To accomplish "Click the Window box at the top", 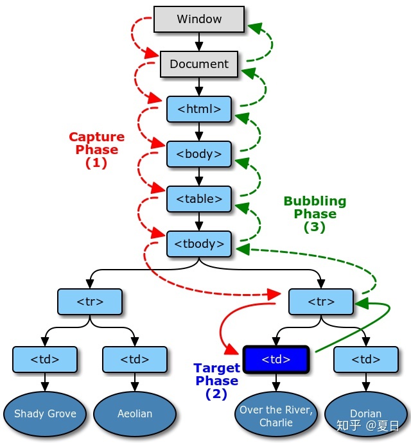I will tap(199, 19).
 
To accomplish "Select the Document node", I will tap(199, 64).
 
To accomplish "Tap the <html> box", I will tap(199, 109).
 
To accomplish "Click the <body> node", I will tap(199, 154).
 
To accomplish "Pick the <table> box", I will tap(199, 199).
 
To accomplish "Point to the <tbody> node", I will tap(199, 244).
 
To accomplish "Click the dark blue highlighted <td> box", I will tap(276, 360).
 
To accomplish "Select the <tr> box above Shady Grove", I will tap(90, 301).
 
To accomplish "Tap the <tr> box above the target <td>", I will tap(321, 301).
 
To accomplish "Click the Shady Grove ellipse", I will tap(45, 413).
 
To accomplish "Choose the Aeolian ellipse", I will tap(135, 413).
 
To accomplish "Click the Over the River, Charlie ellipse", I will tap(276, 416).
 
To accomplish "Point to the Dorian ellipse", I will tap(365, 413).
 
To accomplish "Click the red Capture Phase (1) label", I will tap(96, 150).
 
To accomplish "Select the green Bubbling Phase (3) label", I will tap(315, 214).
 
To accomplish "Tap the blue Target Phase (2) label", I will tap(216, 381).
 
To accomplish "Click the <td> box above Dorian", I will tap(366, 360).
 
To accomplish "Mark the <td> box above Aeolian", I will tap(135, 360).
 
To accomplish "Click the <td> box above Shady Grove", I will tap(45, 360).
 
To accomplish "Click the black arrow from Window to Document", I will tap(199, 42).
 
